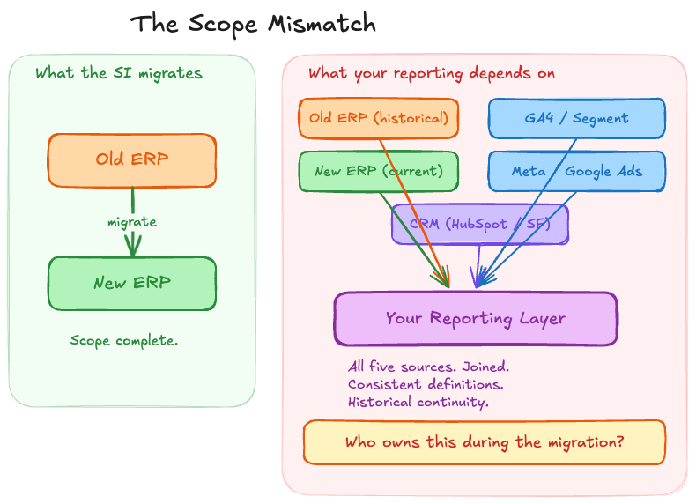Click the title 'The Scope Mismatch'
253,24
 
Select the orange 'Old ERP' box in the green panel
132,160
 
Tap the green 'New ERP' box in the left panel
132,284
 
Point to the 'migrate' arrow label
132,222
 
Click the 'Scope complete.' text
124,340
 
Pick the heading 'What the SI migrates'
118,73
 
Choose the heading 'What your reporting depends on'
432,73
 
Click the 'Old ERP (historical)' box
379,118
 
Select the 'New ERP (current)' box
379,171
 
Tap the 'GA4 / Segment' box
577,118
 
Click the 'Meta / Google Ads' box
577,171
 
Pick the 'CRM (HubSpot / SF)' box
480,224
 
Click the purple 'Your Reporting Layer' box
476,318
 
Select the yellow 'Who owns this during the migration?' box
485,442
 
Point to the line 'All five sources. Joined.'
428,367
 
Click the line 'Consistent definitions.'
426,384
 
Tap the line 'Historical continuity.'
418,402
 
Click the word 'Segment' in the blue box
601,118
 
